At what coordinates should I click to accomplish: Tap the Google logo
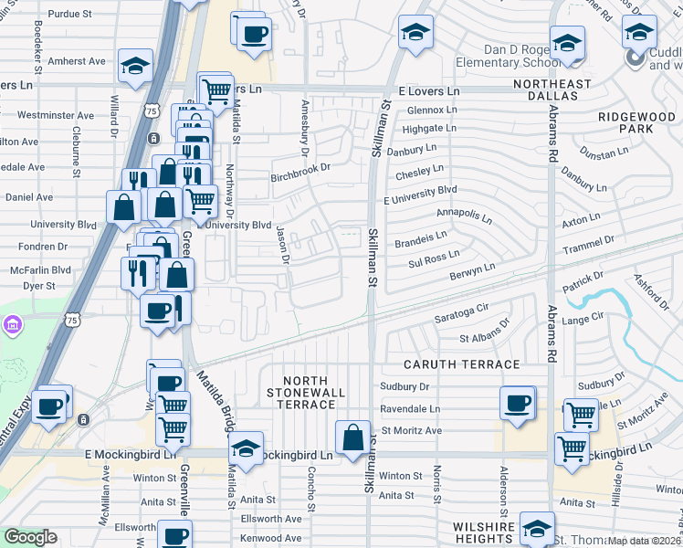30,537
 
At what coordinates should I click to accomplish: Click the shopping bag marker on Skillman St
353,437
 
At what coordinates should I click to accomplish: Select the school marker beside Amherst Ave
135,68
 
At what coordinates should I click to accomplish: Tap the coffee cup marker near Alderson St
518,402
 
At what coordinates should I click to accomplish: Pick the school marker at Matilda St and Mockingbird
246,448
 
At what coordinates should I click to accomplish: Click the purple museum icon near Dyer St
11,324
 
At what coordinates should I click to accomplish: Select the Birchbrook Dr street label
299,168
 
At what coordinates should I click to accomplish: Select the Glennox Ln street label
432,110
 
